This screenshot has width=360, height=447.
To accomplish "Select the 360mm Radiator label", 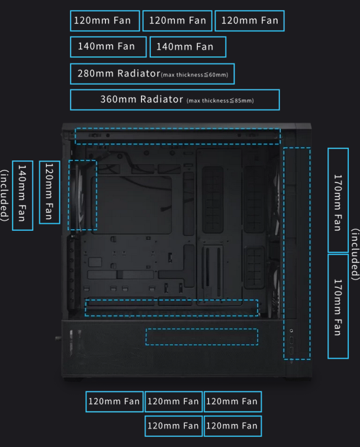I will coord(142,99).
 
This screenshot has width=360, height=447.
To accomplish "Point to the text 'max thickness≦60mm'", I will coord(195,75).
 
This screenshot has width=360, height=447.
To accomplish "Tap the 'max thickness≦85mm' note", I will coord(220,101).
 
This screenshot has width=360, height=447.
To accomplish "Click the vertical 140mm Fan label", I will coord(22,195).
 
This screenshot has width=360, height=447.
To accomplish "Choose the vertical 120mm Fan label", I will coord(49,192).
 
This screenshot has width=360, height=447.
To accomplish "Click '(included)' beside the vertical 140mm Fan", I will coord(5,195).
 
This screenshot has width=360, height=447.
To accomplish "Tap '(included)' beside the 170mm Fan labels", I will coord(355,255).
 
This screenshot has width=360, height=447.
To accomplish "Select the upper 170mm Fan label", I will coord(338,201).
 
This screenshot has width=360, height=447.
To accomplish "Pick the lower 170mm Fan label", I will coord(338,306).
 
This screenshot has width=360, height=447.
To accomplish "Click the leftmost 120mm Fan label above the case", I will coord(105,21).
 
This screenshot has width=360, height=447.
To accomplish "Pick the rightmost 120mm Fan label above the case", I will coord(249,21).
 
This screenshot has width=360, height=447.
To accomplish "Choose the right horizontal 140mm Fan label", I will coord(188,47).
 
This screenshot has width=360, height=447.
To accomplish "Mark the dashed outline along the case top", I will coord(177,136).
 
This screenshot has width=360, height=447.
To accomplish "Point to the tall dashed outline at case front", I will coord(297,253).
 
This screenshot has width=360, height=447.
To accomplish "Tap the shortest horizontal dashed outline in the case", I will coord(202,336).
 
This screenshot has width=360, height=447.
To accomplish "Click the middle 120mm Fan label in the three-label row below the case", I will coord(173,401).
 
